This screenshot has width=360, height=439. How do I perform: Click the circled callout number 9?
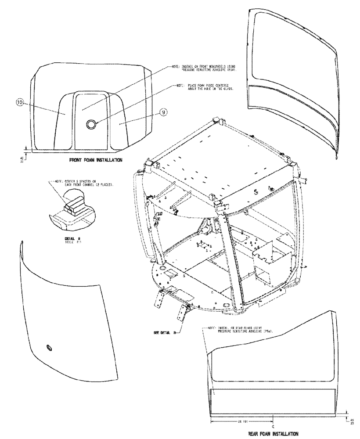[x=162, y=112]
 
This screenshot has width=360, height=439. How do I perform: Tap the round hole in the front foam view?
[x=91, y=125]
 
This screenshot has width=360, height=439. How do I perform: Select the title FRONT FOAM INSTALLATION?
[x=95, y=160]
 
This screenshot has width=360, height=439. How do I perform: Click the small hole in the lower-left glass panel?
[x=49, y=348]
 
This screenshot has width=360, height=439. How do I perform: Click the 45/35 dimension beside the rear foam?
[x=350, y=421]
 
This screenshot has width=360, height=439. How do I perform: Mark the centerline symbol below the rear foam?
[x=273, y=426]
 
